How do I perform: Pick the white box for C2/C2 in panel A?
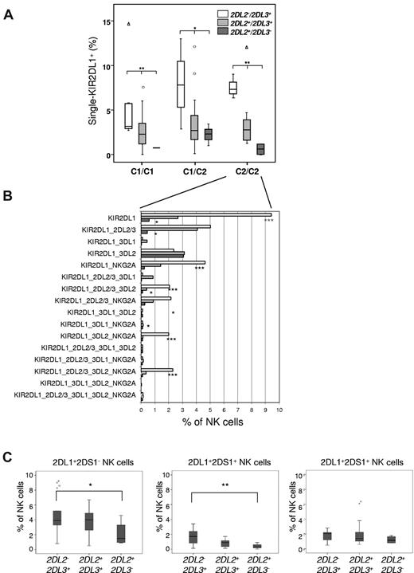[233, 87]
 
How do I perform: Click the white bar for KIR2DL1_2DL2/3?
[175, 227]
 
